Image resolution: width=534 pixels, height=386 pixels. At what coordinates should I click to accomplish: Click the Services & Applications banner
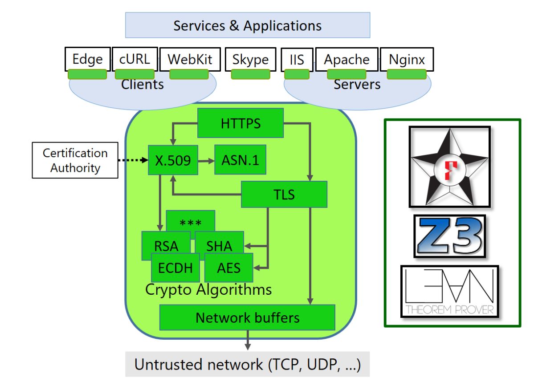(247, 25)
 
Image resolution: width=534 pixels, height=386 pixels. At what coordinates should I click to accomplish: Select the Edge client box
(87, 59)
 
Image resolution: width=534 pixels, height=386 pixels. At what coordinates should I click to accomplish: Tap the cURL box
(135, 59)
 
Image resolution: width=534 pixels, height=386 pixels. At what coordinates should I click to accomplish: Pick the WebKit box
(190, 59)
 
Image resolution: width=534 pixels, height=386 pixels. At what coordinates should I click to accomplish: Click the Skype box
(250, 60)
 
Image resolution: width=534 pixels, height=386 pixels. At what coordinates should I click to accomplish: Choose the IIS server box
(297, 60)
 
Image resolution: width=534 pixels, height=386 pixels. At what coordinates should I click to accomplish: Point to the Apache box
(346, 60)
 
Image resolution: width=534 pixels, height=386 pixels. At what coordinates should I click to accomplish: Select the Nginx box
(407, 60)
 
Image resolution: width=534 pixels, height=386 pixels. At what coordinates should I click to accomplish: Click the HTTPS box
(241, 123)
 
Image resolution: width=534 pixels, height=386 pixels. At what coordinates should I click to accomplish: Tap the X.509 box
(172, 160)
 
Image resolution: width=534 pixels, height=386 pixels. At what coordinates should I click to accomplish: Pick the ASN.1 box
(240, 159)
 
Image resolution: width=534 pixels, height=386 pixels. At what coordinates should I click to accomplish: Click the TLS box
(284, 194)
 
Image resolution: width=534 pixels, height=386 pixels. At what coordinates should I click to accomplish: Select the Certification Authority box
(75, 160)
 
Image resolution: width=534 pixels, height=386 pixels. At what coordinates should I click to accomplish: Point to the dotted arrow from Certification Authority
(133, 159)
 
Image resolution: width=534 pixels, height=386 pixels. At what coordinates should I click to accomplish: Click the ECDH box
(175, 268)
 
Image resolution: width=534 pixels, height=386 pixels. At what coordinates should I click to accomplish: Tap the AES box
(229, 268)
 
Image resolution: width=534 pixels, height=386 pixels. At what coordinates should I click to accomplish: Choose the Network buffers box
(247, 317)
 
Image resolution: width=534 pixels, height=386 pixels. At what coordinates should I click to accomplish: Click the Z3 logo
(449, 236)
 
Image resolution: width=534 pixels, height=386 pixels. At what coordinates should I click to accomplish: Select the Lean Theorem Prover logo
(449, 292)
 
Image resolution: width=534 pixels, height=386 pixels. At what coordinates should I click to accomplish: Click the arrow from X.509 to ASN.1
(206, 160)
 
